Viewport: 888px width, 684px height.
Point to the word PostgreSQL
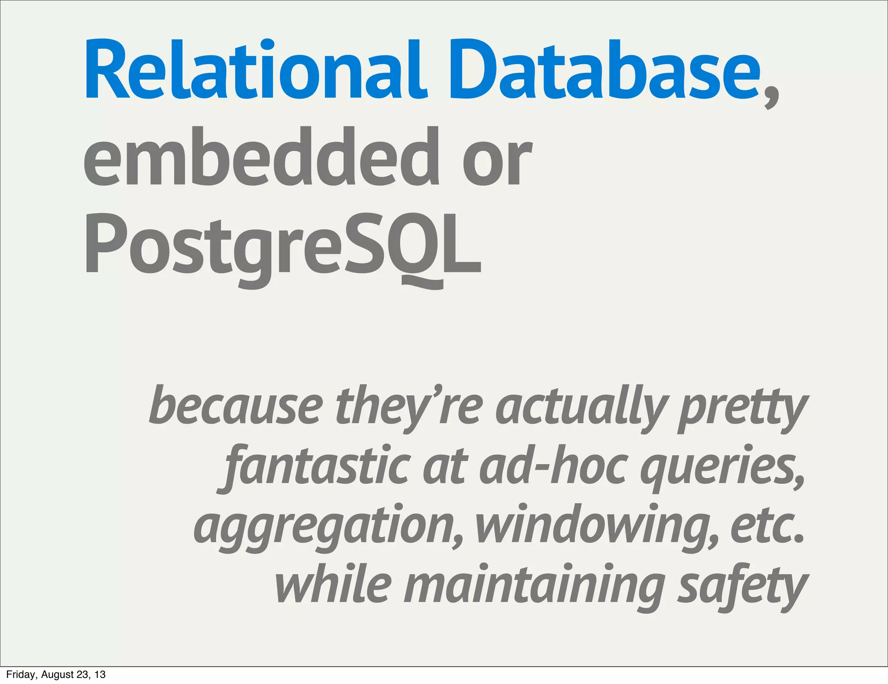282,245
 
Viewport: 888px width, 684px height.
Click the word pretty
743,408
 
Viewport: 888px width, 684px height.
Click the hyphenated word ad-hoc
553,465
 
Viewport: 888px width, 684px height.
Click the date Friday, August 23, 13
56,674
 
